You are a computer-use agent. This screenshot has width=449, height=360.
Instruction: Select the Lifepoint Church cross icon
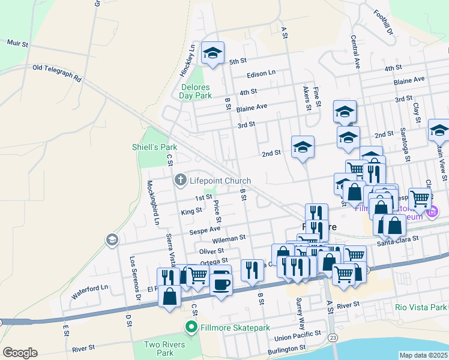[x=179, y=180]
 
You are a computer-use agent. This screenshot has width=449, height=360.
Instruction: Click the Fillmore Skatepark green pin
[x=191, y=327]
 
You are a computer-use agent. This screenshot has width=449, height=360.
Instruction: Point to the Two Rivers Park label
[x=163, y=349]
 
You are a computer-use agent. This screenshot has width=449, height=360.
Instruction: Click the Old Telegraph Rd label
[x=56, y=72]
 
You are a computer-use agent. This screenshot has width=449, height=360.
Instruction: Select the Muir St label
[x=17, y=44]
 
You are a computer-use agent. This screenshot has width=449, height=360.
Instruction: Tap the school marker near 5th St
[x=212, y=53]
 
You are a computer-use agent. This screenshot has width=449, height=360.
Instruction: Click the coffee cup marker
[x=221, y=282]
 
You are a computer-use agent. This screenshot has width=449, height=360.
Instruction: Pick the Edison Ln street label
[x=261, y=73]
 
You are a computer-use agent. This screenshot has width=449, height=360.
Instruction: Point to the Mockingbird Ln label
[x=153, y=202]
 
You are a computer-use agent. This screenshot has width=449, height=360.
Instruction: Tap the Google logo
[x=20, y=353]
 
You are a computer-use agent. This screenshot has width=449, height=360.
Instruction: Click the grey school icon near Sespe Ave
[x=111, y=241]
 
